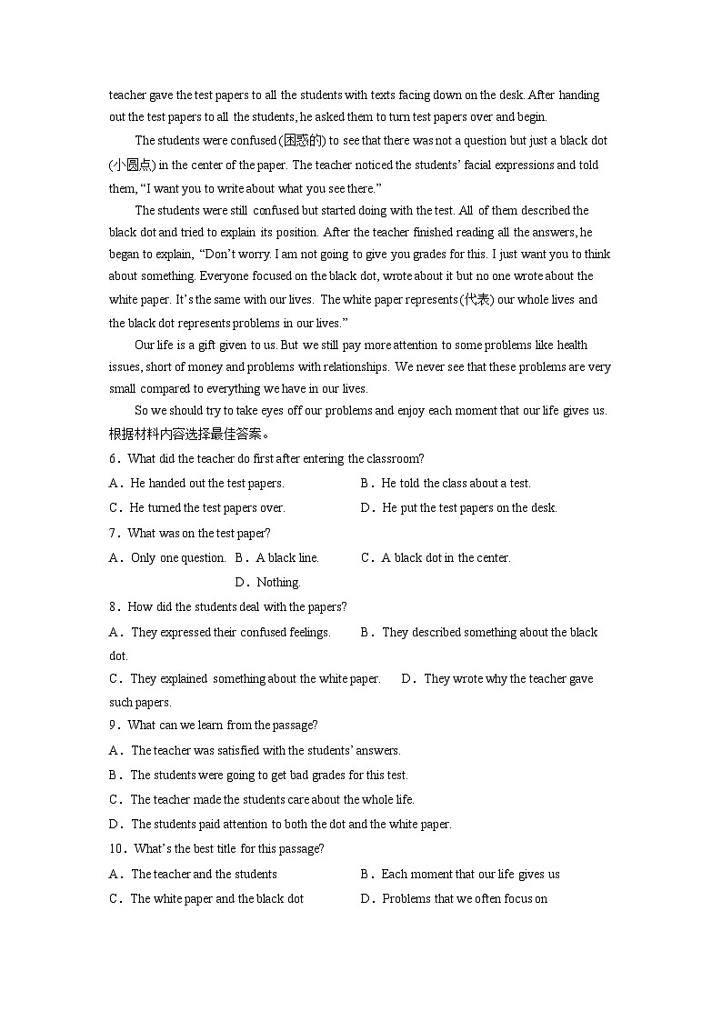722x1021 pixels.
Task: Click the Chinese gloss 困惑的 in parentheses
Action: (303, 141)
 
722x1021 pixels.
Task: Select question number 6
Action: (114, 459)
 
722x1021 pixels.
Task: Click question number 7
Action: (114, 534)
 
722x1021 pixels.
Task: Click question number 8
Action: (114, 607)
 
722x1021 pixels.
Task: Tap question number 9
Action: (114, 726)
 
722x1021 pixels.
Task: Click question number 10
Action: (116, 849)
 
